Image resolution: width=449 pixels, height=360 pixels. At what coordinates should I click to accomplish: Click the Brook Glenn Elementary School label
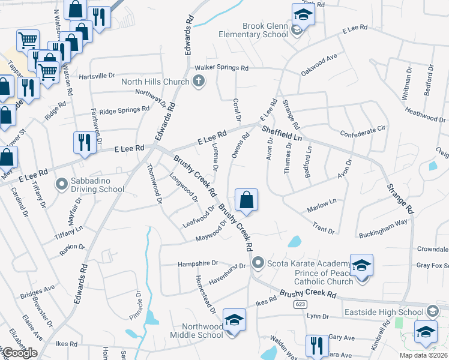(x=265, y=30)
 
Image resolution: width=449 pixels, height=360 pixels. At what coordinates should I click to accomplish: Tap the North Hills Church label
(x=155, y=82)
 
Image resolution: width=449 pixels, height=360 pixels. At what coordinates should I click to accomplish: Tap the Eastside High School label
(x=384, y=312)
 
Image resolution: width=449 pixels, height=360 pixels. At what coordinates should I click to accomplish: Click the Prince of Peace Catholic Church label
(x=324, y=277)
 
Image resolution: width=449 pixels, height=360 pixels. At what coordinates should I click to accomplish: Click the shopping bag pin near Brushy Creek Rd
(x=246, y=200)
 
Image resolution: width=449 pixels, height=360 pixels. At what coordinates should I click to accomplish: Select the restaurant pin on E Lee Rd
(x=83, y=143)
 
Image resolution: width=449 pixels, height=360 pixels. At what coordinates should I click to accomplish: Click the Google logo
(x=20, y=353)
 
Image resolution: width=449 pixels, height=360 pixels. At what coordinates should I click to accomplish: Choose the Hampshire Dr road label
(x=197, y=264)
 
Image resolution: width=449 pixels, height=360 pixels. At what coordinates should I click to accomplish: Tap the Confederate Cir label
(x=362, y=131)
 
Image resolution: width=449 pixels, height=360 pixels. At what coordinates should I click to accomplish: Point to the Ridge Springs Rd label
(x=124, y=110)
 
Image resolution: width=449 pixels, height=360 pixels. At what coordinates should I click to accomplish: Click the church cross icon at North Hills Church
(x=197, y=82)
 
